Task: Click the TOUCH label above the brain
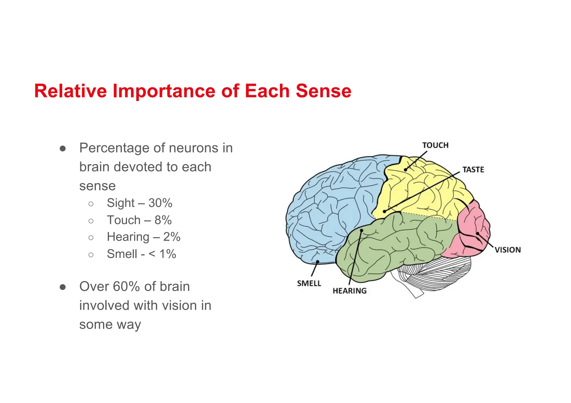(435, 145)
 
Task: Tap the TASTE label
(473, 169)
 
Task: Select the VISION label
(508, 250)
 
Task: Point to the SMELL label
(309, 283)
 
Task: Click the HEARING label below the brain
(350, 291)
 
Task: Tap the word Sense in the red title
(323, 91)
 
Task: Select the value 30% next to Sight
(160, 203)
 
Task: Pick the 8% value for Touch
(163, 220)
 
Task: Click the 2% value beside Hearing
(172, 237)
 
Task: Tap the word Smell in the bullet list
(122, 254)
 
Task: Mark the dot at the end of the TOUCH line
(405, 170)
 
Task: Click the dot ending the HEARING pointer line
(362, 230)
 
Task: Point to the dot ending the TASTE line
(384, 212)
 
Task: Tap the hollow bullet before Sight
(91, 204)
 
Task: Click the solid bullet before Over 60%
(63, 287)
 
